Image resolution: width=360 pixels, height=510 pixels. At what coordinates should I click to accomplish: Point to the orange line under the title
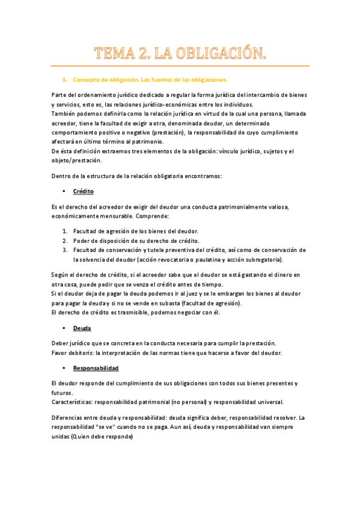tap(180, 66)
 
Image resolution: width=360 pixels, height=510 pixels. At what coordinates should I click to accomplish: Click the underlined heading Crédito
tap(84, 191)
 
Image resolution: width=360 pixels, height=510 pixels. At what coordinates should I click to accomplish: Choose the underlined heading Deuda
tap(82, 328)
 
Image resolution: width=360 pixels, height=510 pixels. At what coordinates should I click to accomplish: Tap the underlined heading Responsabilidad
tap(96, 367)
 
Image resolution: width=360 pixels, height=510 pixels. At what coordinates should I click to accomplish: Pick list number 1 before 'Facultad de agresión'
tap(65, 231)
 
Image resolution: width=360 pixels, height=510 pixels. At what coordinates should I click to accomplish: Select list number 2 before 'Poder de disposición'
tap(65, 241)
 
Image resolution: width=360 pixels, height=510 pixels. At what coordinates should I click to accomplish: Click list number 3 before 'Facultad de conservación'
tap(65, 250)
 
